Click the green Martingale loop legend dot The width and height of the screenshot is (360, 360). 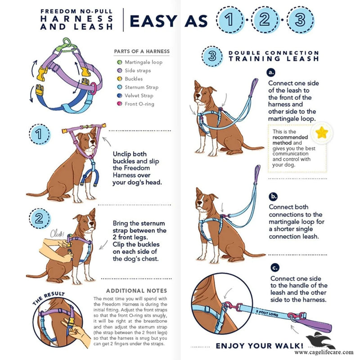click(119, 62)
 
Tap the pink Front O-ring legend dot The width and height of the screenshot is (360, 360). click(119, 104)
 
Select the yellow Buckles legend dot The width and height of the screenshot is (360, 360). click(119, 79)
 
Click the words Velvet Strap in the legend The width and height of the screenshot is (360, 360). click(139, 95)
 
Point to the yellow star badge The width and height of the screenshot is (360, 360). click(321, 132)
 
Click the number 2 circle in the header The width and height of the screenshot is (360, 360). click(265, 20)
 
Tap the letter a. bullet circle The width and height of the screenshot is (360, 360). click(271, 72)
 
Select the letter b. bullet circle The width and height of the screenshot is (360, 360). click(273, 197)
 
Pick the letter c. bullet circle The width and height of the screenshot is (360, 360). click(275, 268)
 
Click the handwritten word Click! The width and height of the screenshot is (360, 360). click(57, 234)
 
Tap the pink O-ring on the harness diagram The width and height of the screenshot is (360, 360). click(93, 88)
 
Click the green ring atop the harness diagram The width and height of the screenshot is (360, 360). click(67, 42)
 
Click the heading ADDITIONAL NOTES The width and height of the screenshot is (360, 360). click(136, 291)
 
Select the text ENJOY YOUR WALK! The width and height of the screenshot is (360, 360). click(260, 346)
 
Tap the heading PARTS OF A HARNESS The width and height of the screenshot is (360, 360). click(142, 51)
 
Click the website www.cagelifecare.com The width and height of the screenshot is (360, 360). click(324, 352)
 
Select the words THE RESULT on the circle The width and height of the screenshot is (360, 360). click(49, 297)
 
